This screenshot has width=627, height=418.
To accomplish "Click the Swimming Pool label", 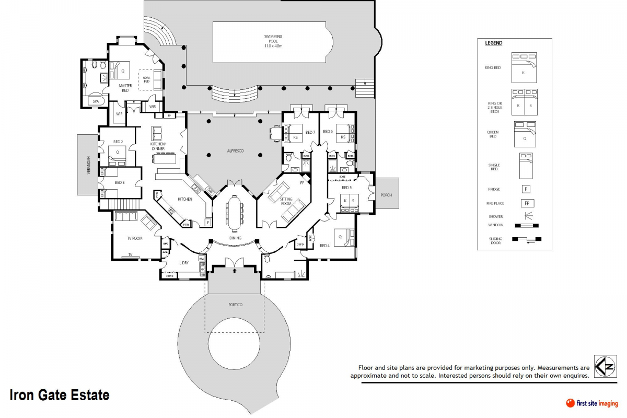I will [x=273, y=41].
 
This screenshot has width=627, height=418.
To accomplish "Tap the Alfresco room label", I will [x=235, y=152].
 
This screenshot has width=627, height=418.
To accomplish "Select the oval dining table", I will [x=234, y=213].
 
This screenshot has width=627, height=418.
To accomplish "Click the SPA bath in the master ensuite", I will [x=96, y=101].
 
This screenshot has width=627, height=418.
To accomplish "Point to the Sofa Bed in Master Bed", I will [x=146, y=80].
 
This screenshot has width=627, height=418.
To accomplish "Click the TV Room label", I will [x=135, y=238].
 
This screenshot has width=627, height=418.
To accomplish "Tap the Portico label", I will [x=235, y=305].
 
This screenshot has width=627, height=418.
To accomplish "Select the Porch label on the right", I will [x=386, y=195].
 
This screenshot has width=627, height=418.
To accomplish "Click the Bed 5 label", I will [x=346, y=188].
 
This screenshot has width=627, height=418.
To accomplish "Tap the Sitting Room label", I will [x=286, y=201].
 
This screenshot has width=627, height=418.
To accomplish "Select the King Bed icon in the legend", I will [x=523, y=67].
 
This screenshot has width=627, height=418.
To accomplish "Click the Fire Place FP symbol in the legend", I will [x=527, y=203].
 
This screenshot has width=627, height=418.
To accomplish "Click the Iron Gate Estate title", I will [x=60, y=395].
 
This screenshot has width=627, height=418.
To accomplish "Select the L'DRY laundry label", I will [x=183, y=262].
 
